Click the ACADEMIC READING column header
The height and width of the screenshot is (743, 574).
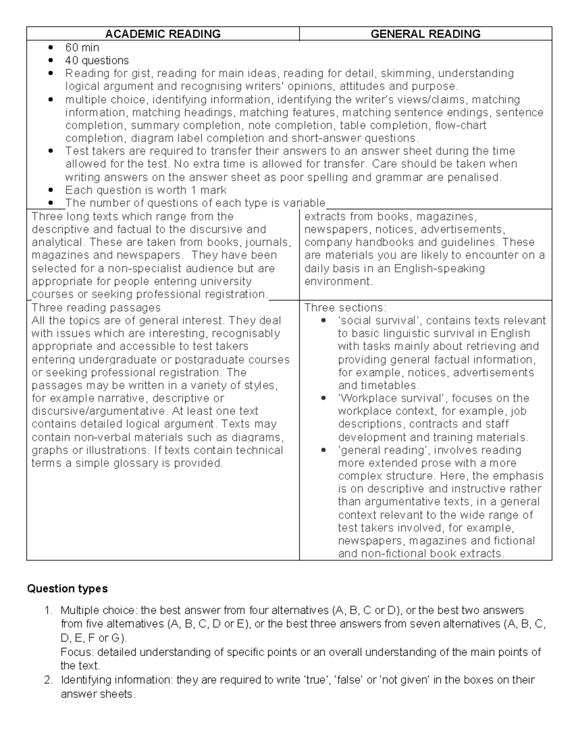(163, 34)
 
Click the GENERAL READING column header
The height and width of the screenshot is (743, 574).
(425, 34)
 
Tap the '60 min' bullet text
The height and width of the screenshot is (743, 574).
(82, 47)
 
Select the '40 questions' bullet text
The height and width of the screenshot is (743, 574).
(97, 60)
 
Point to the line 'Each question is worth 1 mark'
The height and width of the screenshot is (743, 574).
(146, 190)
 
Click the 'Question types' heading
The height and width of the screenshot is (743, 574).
(67, 588)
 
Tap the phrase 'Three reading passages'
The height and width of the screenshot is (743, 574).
(96, 308)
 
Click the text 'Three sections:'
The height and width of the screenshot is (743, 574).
(345, 308)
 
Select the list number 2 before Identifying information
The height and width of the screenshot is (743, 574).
(47, 680)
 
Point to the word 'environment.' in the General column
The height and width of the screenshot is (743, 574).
(338, 281)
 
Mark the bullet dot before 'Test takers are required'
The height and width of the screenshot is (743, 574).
(51, 152)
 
